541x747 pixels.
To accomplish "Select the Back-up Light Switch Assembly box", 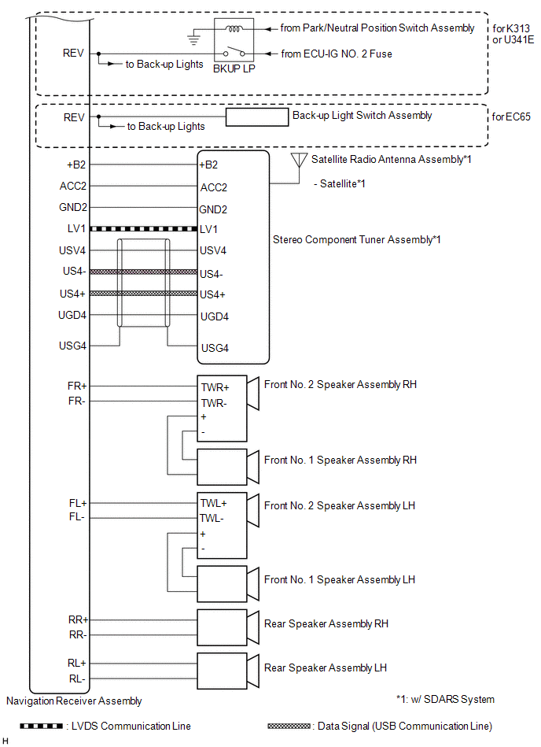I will click(x=257, y=117).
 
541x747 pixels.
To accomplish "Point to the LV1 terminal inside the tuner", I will click(x=208, y=229).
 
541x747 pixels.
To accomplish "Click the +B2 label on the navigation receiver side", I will click(x=76, y=165).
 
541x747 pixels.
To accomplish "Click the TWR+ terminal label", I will click(x=214, y=387).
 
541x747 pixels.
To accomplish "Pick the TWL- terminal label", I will click(x=212, y=519).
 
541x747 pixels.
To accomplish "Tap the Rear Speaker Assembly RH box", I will click(x=221, y=626).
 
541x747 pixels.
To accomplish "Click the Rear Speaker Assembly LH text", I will click(x=326, y=668).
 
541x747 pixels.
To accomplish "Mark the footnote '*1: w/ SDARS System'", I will click(x=445, y=699).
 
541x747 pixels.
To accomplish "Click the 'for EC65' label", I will click(x=512, y=117).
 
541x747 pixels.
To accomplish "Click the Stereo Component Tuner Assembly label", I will click(x=356, y=239).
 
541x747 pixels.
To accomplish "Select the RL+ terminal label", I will click(x=77, y=663).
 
